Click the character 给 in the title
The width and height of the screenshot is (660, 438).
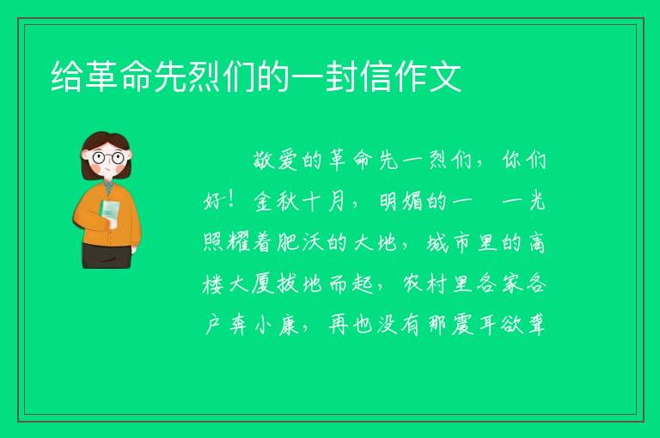pos(66,76)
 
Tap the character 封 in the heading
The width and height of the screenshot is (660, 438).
pos(343,76)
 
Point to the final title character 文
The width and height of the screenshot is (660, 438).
pos(446,76)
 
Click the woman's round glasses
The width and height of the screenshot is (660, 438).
pos(108,158)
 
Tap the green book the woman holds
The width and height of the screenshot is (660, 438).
pos(110,213)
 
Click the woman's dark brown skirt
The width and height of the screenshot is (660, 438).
pos(107,255)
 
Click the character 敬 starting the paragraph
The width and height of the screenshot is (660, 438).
pos(263,161)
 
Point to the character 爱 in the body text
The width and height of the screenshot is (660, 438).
pos(288,161)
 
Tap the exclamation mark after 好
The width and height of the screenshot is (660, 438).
pos(230,200)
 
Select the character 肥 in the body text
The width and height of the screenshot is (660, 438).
pos(288,242)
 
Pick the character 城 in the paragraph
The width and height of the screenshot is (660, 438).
pos(437,242)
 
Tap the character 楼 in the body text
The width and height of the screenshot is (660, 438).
pos(212,283)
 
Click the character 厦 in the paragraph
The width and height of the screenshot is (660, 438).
pos(263,283)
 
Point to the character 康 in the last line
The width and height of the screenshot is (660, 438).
pos(288,325)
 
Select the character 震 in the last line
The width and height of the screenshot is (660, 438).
pos(463,325)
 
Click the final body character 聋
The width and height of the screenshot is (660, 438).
pos(536,325)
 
